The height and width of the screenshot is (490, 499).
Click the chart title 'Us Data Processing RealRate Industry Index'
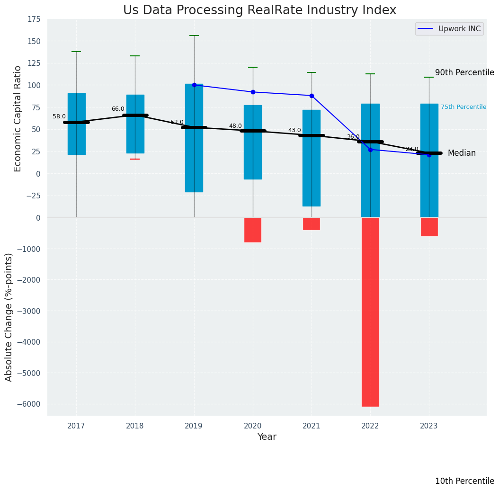[x=259, y=10]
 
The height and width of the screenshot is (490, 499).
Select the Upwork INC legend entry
[x=448, y=29]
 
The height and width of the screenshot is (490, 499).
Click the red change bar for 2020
[x=253, y=230]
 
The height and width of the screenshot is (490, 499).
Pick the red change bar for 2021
[x=312, y=224]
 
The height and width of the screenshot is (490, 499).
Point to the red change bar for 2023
[x=429, y=227]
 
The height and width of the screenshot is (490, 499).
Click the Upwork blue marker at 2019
[x=194, y=85]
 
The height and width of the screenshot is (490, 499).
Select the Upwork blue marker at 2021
[x=312, y=96]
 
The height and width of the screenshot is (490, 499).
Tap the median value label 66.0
[x=118, y=109]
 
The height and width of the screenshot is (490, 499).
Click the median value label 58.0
[x=59, y=116]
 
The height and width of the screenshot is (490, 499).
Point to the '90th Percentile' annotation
[x=464, y=72]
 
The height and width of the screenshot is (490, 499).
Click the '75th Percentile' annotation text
[x=463, y=107]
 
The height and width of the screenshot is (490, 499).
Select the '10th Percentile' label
[x=464, y=481]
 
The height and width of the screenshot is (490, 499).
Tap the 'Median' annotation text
[x=462, y=153]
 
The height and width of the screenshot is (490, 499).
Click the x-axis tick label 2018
[x=135, y=426]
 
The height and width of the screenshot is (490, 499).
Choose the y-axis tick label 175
[x=34, y=19]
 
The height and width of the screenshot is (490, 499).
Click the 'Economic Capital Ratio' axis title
[x=18, y=118]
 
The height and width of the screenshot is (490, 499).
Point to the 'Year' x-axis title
[x=267, y=437]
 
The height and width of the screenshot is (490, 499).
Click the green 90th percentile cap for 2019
[x=194, y=36]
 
